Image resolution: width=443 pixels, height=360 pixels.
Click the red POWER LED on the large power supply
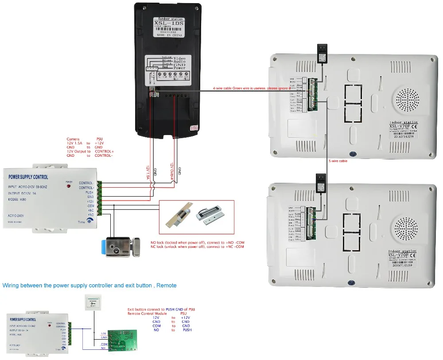69,186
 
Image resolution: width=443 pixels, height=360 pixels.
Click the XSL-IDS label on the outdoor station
168,23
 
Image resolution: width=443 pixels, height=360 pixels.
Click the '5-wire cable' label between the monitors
338,161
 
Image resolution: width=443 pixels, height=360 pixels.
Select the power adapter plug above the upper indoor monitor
321,52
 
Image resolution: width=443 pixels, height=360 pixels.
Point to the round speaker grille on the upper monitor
407,101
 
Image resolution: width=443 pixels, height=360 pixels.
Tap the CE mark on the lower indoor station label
413,255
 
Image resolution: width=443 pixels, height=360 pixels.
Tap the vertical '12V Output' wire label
170,170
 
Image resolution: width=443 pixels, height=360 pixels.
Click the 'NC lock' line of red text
198,247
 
